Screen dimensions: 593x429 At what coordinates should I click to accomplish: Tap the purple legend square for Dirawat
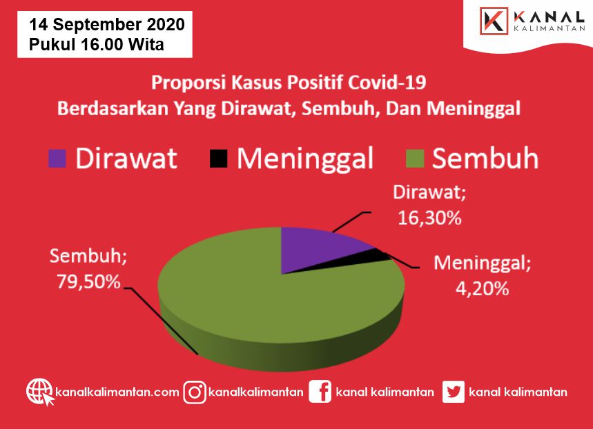click(x=57, y=159)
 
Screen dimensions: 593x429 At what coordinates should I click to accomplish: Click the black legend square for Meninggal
click(x=219, y=159)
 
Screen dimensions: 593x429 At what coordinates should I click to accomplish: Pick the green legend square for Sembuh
click(x=414, y=159)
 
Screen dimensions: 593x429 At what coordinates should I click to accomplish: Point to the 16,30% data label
click(x=429, y=218)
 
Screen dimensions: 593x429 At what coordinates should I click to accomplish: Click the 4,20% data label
click(x=482, y=289)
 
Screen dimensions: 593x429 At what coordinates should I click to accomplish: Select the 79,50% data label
click(x=88, y=281)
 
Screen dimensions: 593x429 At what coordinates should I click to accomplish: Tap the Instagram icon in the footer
click(x=195, y=392)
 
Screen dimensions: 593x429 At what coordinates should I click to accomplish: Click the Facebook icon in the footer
click(x=320, y=392)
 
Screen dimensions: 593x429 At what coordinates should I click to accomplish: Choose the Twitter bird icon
click(x=453, y=392)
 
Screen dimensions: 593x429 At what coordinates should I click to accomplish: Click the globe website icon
click(x=40, y=392)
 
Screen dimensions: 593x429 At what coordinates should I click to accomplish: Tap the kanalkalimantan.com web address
click(x=117, y=392)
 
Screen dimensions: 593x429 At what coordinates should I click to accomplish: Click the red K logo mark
click(x=494, y=21)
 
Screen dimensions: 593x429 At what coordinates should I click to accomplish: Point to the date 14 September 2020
click(x=107, y=25)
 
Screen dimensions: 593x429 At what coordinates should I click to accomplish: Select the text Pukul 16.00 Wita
click(x=97, y=45)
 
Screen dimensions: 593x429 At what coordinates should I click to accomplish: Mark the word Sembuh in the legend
click(x=485, y=159)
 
